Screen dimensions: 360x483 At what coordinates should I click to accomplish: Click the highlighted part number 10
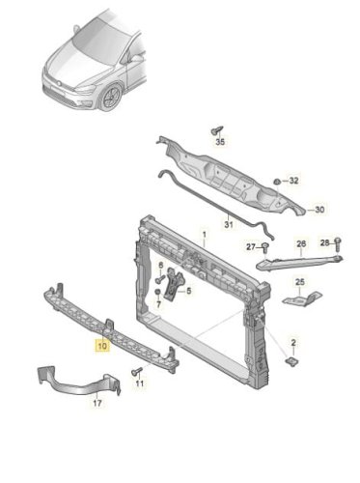[102, 346]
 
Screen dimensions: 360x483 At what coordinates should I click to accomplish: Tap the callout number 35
[220, 141]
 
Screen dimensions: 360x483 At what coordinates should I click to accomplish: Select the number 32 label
[293, 181]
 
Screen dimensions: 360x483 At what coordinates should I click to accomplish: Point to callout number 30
[319, 210]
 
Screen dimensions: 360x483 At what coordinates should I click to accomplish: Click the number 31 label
[229, 224]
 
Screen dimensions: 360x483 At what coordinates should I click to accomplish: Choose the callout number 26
[301, 243]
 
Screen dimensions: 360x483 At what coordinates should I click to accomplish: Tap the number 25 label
[300, 282]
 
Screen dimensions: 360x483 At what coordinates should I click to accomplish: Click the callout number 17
[97, 403]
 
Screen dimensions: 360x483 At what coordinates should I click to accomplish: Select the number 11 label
[140, 384]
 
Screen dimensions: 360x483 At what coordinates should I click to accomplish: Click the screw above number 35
[217, 130]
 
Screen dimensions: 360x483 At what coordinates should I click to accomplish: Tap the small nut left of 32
[277, 182]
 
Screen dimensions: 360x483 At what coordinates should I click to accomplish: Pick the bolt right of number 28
[338, 244]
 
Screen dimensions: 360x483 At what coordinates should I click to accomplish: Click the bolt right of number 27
[265, 247]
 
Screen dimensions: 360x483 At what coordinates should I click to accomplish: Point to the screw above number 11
[137, 372]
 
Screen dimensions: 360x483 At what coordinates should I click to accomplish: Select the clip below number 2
[292, 361]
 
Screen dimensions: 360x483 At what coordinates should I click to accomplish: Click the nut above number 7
[157, 292]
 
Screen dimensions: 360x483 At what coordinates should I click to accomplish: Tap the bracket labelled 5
[174, 284]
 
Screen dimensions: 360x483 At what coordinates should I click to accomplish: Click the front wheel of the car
[110, 97]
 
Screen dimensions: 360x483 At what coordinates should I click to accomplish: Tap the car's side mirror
[137, 59]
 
